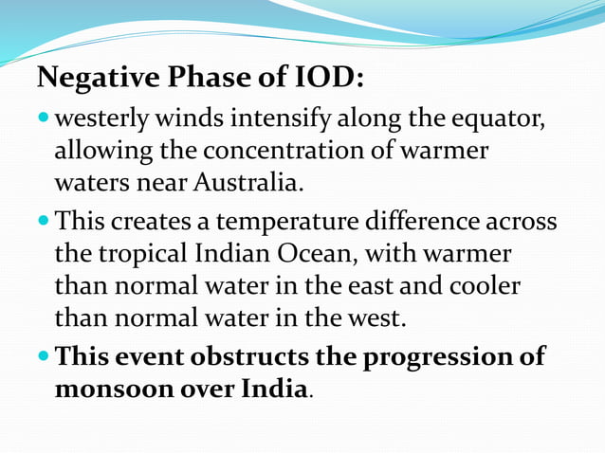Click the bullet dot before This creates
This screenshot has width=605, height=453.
[x=44, y=224]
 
